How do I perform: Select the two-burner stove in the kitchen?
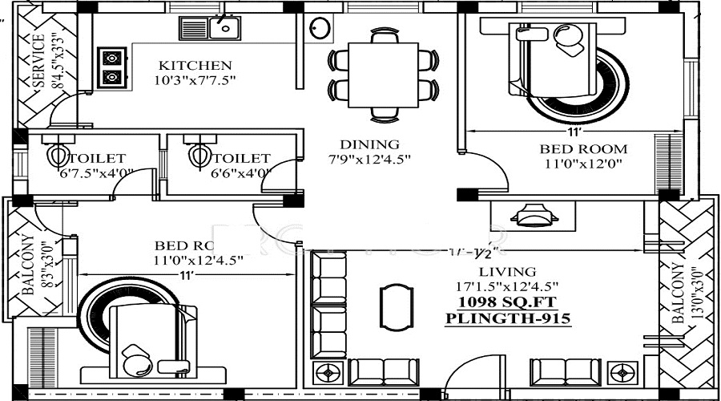coord(112,68)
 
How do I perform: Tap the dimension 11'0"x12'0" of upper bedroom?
coord(582,164)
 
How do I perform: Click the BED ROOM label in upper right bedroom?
coord(582,149)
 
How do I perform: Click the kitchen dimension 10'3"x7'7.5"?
coord(195,79)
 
